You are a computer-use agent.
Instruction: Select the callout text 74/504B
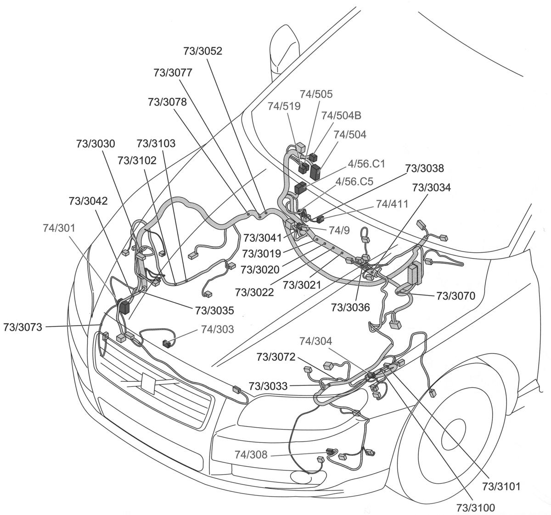pos(341,115)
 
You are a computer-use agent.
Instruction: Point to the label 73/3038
pos(424,169)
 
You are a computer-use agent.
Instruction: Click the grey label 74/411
pos(392,203)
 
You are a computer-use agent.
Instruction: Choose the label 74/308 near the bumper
pos(250,455)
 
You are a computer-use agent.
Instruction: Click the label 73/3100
pos(475,507)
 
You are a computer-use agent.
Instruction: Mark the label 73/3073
pos(22,327)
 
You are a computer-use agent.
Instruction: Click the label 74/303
pos(217,329)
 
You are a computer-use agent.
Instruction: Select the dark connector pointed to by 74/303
pos(168,343)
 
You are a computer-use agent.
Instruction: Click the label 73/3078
pos(167,102)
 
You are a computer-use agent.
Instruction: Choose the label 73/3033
pos(268,386)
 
